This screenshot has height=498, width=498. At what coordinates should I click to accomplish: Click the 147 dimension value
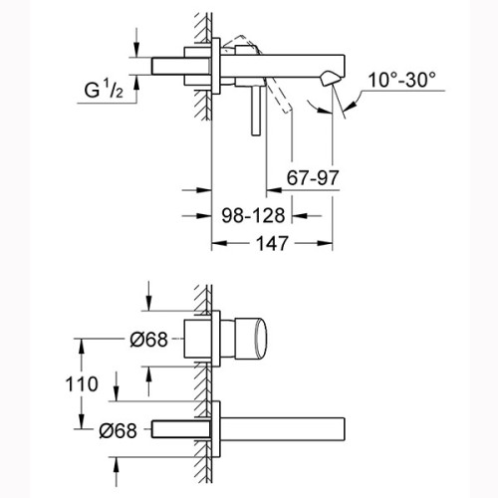(272, 244)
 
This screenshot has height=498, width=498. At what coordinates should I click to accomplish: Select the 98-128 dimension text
(253, 215)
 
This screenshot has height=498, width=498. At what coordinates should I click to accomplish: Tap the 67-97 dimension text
(313, 178)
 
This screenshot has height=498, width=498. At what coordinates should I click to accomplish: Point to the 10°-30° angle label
(401, 80)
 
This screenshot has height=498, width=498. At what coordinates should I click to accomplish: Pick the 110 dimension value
(82, 384)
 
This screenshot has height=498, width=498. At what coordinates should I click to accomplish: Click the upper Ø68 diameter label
(148, 340)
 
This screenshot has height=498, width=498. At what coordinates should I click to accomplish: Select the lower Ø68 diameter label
(118, 431)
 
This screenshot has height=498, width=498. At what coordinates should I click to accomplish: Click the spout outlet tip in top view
(330, 79)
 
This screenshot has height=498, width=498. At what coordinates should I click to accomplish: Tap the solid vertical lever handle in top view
(256, 111)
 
